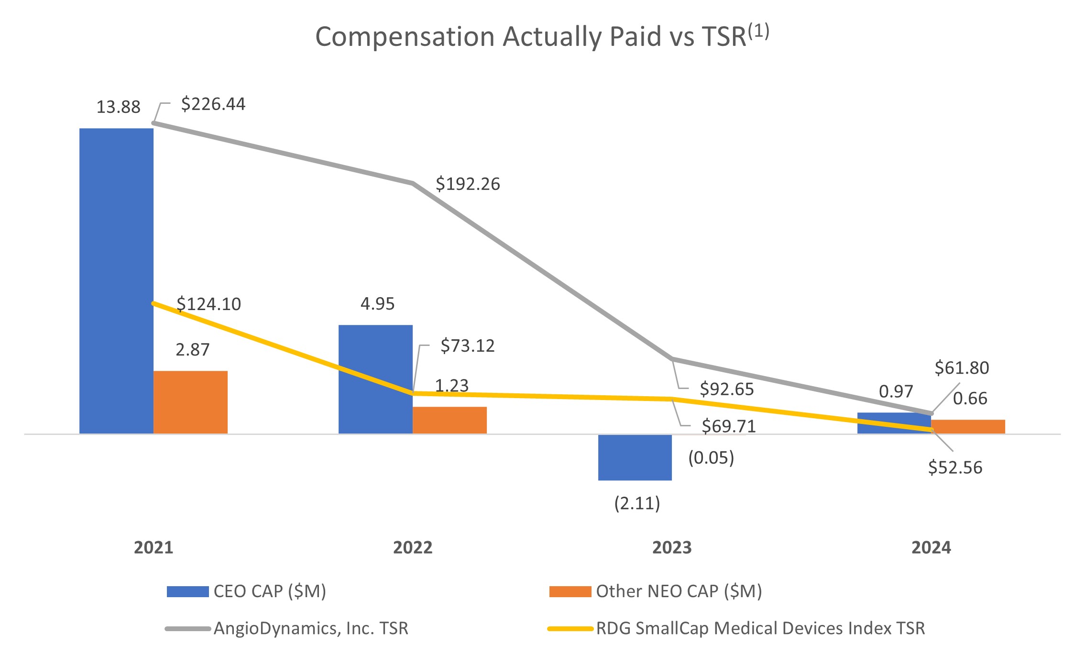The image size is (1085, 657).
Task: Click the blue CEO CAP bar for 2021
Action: click(116, 280)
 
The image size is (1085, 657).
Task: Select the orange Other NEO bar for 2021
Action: click(190, 402)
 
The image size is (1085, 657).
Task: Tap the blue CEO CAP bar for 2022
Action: click(375, 379)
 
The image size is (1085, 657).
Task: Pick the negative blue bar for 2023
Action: click(635, 457)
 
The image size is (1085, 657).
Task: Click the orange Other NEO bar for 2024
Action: click(968, 426)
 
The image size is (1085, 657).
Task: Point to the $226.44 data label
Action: click(213, 104)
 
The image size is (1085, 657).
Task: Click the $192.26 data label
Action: click(467, 184)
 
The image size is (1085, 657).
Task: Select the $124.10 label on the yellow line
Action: click(208, 304)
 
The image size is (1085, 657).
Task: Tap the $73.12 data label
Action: click(467, 345)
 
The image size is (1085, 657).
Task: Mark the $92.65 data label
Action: click(726, 389)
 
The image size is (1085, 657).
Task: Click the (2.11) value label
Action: click(636, 503)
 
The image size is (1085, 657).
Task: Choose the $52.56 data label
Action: click(955, 467)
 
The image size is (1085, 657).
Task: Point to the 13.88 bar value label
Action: click(118, 107)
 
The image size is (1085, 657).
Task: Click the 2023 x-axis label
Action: click(672, 547)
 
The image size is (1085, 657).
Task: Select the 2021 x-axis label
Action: click(153, 547)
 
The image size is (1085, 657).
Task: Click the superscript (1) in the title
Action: click(758, 32)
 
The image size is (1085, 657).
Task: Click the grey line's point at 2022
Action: click(412, 183)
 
